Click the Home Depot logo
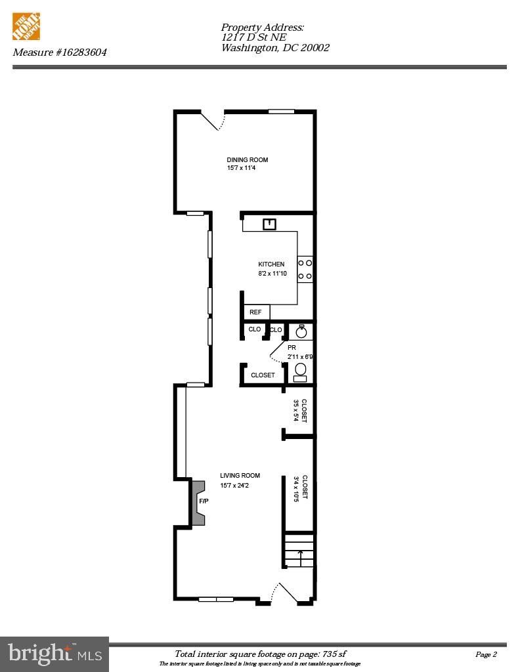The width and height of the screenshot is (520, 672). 27,28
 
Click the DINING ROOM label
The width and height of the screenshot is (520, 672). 248,160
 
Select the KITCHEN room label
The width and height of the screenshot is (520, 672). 271,264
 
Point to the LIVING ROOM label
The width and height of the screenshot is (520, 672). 240,476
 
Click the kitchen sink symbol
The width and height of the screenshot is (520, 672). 269,224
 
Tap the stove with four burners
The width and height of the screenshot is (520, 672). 305,270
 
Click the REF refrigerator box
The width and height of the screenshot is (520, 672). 256,312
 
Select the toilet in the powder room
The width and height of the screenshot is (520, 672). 300,372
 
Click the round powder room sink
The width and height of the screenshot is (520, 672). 301,331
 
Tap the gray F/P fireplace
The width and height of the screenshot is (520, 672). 199,502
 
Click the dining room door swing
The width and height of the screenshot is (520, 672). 214,121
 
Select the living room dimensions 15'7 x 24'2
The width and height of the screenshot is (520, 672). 234,486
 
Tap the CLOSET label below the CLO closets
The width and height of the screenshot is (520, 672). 263,375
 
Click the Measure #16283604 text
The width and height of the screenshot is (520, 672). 60,52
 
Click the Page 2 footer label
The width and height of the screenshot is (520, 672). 486,654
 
